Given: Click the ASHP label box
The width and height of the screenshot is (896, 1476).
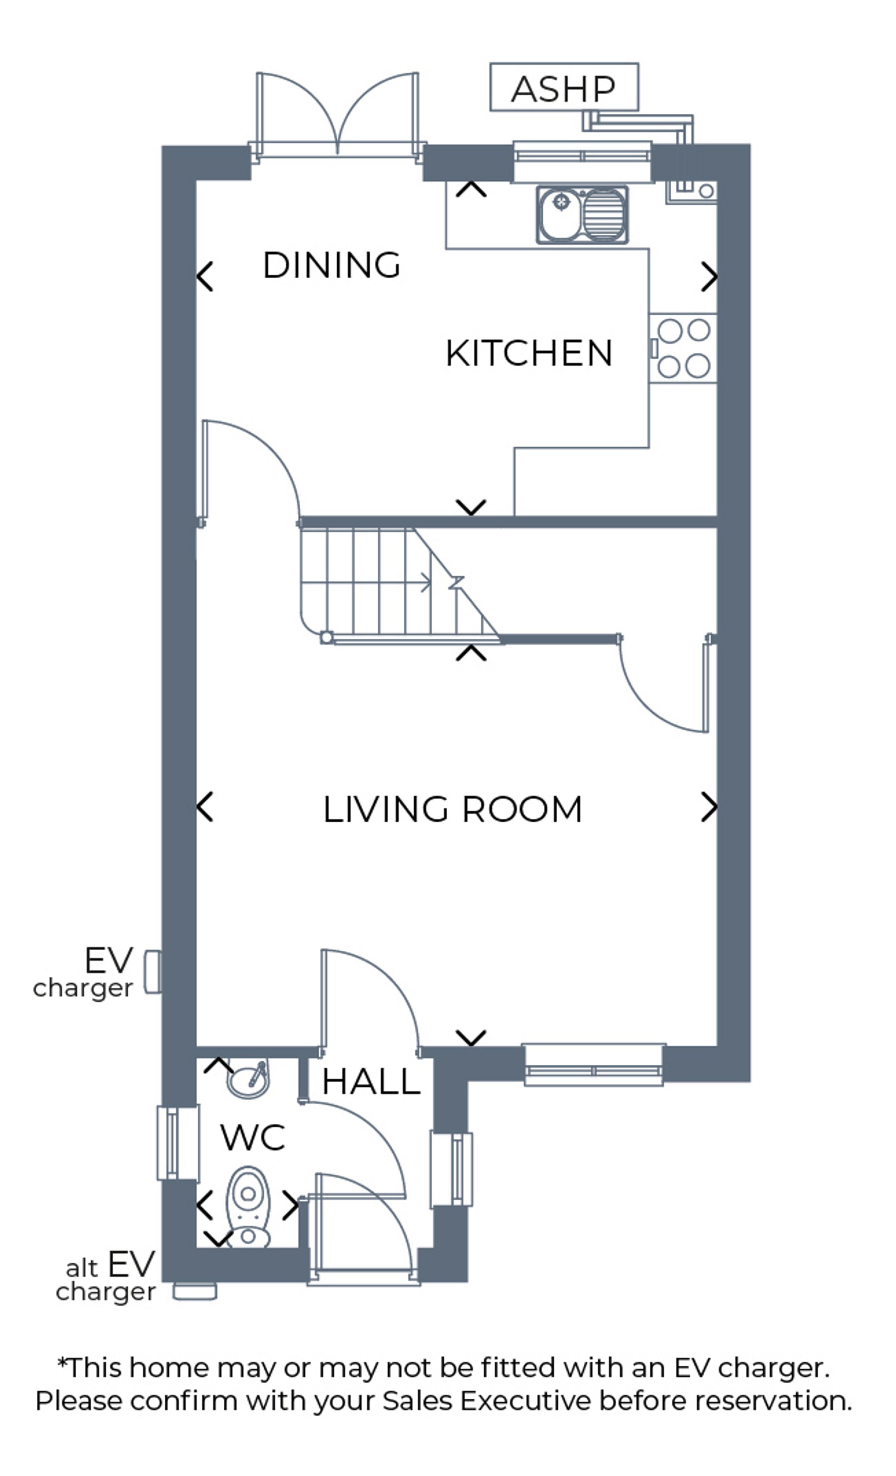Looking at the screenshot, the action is pyautogui.click(x=564, y=87).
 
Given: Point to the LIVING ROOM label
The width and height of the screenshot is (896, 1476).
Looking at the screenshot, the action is pyautogui.click(x=452, y=809).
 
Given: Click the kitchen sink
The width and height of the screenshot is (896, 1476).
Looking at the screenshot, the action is pyautogui.click(x=582, y=214).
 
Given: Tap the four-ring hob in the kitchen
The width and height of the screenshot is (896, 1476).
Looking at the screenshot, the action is pyautogui.click(x=684, y=348).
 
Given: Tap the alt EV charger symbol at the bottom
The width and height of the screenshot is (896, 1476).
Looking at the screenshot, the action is pyautogui.click(x=195, y=1291).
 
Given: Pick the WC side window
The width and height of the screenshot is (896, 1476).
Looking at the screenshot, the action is pyautogui.click(x=178, y=1143).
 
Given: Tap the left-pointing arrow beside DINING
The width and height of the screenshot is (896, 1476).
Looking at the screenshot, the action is pyautogui.click(x=205, y=277).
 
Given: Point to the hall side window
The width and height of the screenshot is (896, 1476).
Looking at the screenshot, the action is pyautogui.click(x=452, y=1169).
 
